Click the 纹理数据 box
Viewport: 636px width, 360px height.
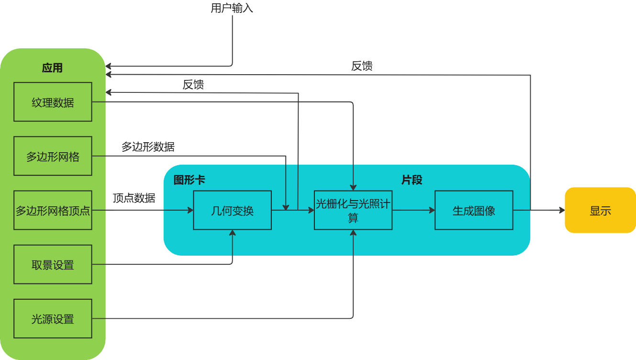point(53,102)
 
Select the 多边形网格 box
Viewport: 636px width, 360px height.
point(53,156)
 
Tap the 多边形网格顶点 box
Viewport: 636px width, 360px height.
point(53,210)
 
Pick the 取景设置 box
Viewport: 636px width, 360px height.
point(53,264)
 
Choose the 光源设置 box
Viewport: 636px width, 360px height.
point(53,319)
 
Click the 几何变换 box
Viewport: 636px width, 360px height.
point(232,210)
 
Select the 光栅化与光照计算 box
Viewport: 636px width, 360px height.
point(353,210)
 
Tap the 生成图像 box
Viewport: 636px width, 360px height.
point(474,210)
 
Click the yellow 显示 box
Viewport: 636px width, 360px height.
point(600,210)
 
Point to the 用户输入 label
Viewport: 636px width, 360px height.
point(232,8)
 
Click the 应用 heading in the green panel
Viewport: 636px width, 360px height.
point(52,68)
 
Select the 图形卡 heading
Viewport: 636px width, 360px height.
point(189,180)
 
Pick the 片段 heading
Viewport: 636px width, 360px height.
point(412,180)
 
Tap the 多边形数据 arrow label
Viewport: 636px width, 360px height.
point(148,147)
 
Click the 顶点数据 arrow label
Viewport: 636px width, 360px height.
point(134,198)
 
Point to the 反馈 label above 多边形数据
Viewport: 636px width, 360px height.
point(193,85)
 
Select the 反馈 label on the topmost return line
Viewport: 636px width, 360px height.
point(362,66)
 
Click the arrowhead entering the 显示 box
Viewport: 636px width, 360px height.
point(562,210)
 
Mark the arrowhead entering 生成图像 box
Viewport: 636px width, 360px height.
point(432,210)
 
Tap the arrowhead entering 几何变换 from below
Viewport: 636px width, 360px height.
point(233,233)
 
